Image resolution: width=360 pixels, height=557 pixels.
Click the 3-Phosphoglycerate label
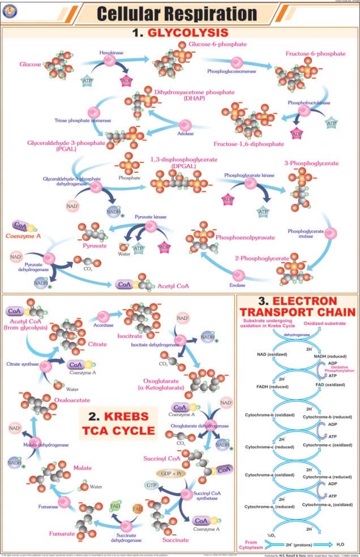coord(311,164)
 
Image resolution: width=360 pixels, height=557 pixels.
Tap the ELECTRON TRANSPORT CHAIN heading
coord(297,306)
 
